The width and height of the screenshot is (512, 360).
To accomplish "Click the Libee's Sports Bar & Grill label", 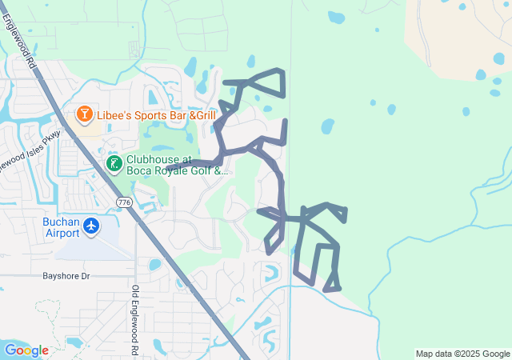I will click(157, 116).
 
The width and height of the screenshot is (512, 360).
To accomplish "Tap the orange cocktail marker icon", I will click(83, 116).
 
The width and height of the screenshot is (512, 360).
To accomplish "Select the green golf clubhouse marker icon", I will click(114, 164).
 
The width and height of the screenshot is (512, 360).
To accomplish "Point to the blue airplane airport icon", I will click(91, 226).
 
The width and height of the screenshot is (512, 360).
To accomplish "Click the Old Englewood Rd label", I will click(134, 320).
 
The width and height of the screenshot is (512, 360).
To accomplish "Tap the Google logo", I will click(26, 350).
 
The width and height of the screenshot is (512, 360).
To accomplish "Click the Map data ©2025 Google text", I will click(462, 354).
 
